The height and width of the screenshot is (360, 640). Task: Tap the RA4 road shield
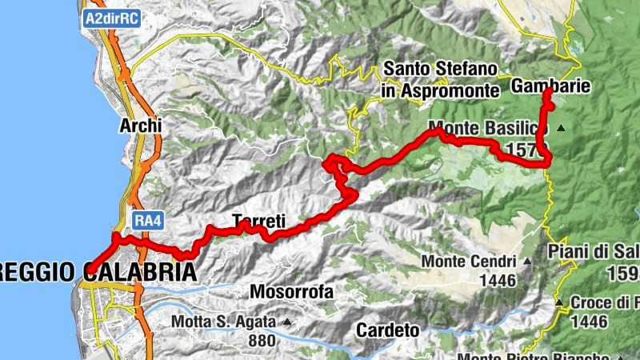[144, 219]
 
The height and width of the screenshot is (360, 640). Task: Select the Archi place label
[140, 126]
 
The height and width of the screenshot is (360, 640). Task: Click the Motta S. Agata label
[224, 322]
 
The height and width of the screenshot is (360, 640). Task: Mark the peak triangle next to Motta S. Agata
[286, 322]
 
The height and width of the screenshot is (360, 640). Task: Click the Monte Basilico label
[488, 128]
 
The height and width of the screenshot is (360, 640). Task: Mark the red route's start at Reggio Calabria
[88, 271]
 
